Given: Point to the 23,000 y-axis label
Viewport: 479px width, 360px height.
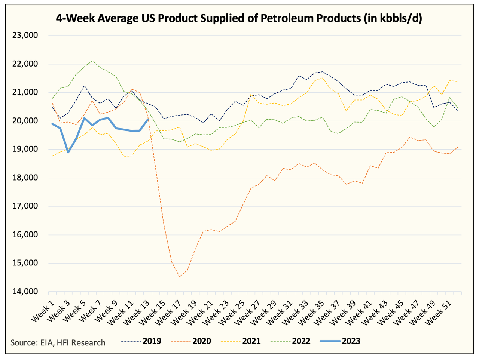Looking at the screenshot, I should [25, 36].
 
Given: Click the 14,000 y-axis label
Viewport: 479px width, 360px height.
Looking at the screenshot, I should [25, 292].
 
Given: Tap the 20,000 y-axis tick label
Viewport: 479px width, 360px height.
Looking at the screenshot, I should [25, 121].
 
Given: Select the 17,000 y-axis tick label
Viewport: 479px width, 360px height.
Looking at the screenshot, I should [25, 206].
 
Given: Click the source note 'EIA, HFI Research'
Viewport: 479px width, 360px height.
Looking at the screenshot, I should [58, 342].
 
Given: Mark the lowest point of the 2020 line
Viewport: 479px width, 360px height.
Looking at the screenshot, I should [180, 277].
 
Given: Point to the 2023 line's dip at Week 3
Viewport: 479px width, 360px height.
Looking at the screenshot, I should [68, 152].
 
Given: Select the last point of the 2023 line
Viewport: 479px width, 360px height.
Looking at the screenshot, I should [148, 120].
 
